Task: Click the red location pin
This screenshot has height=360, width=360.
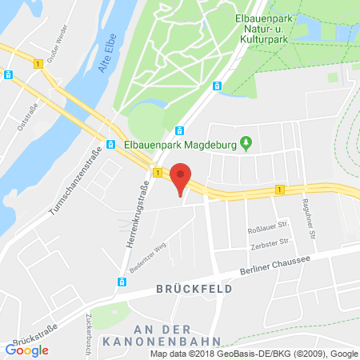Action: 182,178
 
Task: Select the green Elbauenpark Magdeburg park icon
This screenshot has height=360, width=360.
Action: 246,144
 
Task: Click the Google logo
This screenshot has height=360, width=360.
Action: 26,350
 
